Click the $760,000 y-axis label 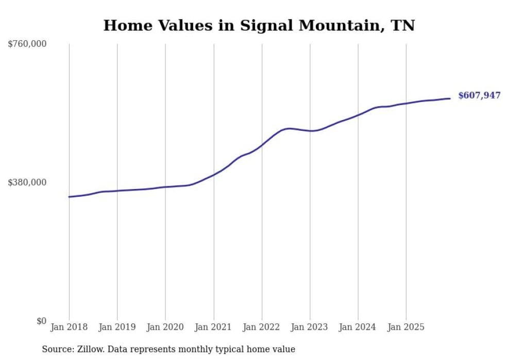27,44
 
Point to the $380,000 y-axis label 27,182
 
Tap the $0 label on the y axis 41,321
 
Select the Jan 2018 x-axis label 69,327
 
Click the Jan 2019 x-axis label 117,327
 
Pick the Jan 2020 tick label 165,327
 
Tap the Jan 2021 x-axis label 213,327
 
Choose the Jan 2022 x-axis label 262,327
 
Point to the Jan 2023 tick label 310,327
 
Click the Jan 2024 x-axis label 358,327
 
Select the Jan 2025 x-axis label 406,327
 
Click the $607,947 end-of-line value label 479,95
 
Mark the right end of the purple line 450,98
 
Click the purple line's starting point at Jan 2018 69,197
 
